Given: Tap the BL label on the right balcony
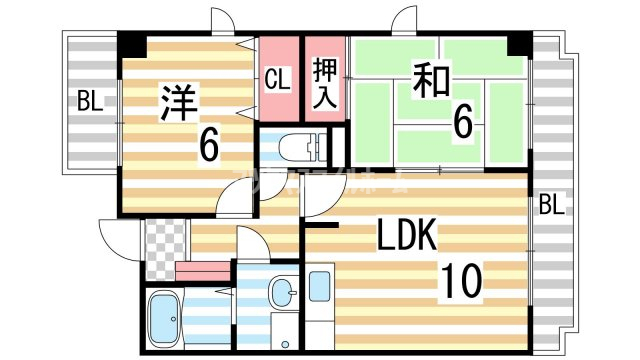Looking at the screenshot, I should click(552, 206).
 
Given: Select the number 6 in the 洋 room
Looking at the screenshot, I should click(208, 146).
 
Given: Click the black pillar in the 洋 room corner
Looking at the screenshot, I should click(131, 44).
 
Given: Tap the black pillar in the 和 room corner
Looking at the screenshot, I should click(517, 45).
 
